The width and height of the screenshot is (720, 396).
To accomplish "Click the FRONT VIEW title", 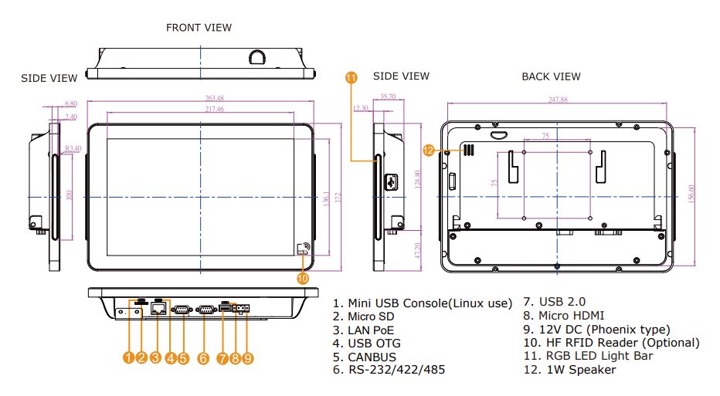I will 199,28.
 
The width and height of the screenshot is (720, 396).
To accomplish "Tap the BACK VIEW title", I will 551,76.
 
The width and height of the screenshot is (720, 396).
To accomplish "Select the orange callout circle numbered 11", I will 352,77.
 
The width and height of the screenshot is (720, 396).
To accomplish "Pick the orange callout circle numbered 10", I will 303,277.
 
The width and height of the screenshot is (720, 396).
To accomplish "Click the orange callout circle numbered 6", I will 203,358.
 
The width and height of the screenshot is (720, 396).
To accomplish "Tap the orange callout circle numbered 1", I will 128,358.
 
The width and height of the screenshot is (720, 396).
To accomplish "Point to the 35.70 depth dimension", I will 385,97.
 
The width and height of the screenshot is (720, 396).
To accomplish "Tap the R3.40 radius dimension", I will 73,148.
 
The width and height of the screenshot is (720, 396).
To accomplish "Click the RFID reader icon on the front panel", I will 303,249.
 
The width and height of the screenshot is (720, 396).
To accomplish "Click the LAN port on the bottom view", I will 158,308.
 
